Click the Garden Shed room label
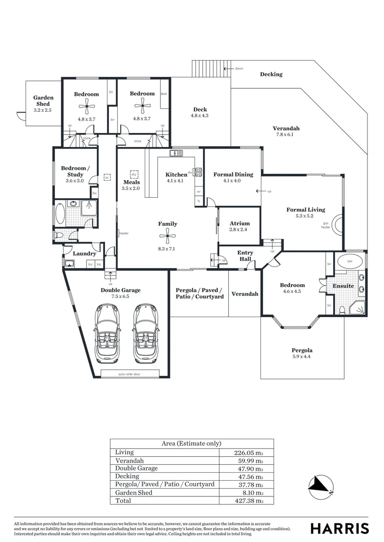pyautogui.click(x=43, y=101)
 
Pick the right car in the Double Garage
pyautogui.click(x=146, y=333)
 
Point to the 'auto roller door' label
pyautogui.click(x=130, y=374)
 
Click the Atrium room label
pyautogui.click(x=239, y=223)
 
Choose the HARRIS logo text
pyautogui.click(x=339, y=528)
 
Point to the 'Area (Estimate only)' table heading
pyautogui.click(x=191, y=444)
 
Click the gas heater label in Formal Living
pyautogui.click(x=326, y=225)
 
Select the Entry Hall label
pyautogui.click(x=245, y=256)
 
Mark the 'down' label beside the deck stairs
pyautogui.click(x=239, y=68)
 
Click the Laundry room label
pyautogui.click(x=84, y=254)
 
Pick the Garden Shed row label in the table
pyautogui.click(x=133, y=493)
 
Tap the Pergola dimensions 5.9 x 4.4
pyautogui.click(x=302, y=357)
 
